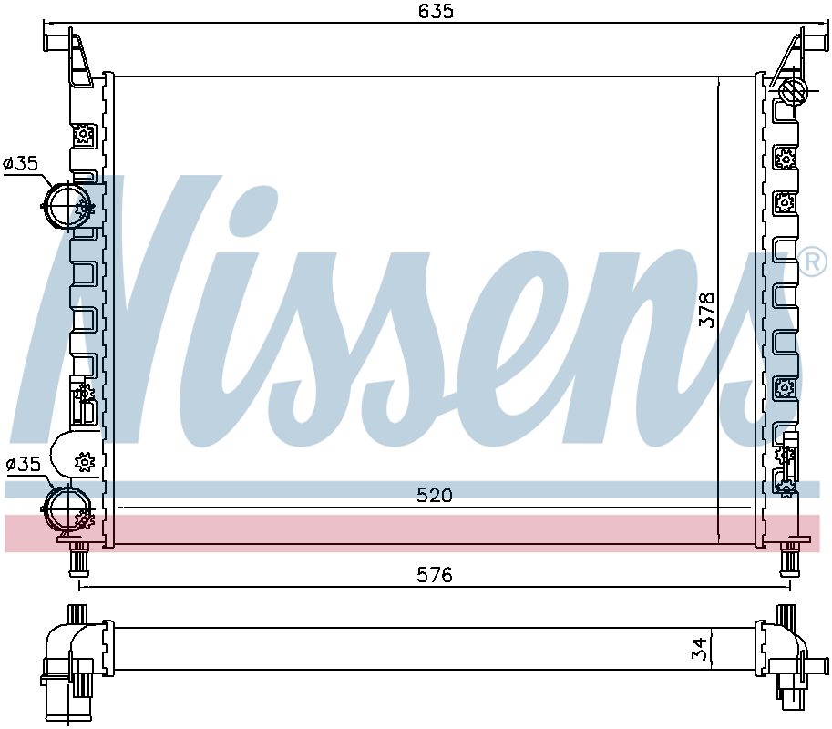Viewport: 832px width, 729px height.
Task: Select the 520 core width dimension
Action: point(434,495)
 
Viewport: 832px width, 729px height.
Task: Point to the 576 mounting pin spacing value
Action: point(434,575)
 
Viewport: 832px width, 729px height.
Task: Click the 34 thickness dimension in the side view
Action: point(699,649)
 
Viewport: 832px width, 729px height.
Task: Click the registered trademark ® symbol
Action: point(813,262)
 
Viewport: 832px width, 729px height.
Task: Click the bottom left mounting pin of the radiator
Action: point(78,558)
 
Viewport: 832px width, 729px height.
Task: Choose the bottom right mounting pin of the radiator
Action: point(788,558)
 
